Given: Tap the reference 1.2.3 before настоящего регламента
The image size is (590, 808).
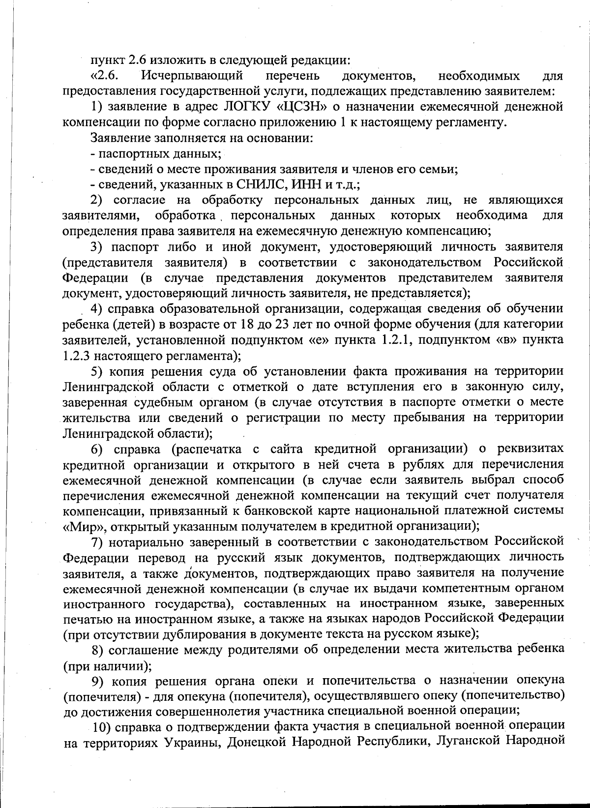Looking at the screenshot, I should (77, 355).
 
